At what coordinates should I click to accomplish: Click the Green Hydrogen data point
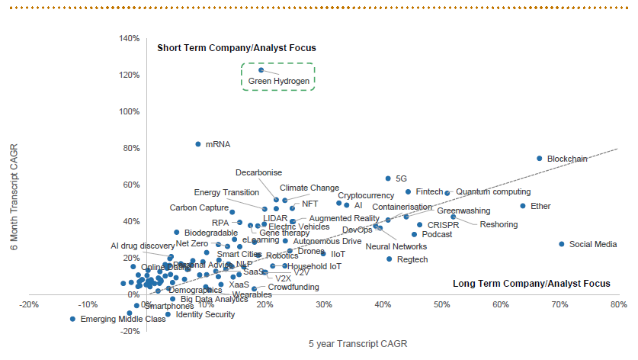pos(261,70)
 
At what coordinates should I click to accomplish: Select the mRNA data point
pos(198,143)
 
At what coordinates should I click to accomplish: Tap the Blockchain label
pos(567,159)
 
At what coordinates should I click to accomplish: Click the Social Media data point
pos(562,244)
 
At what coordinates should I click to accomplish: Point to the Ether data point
pos(523,206)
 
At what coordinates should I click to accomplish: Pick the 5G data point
pos(388,178)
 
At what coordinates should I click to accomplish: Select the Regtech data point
pos(390,259)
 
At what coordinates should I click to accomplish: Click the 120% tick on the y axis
pos(127,75)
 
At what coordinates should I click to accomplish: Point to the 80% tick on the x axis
pos(618,305)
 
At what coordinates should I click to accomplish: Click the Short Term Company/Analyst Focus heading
pos(236,48)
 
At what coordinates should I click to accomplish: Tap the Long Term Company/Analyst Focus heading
pos(531,284)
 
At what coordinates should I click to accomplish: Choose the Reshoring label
pos(499,224)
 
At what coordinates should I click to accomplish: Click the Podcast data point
pos(415,235)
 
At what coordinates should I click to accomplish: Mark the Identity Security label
pos(205,314)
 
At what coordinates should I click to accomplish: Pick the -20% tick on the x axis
pos(30,305)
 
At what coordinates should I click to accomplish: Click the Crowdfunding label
pos(293,288)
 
